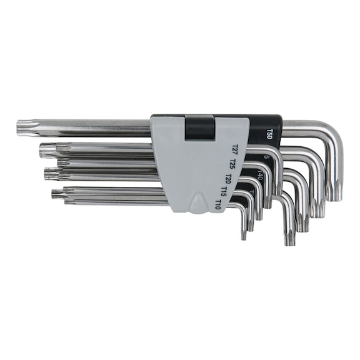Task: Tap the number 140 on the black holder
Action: (259, 176)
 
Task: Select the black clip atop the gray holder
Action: (200, 127)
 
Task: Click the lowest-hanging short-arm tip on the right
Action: (289, 238)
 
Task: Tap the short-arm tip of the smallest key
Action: (244, 232)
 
